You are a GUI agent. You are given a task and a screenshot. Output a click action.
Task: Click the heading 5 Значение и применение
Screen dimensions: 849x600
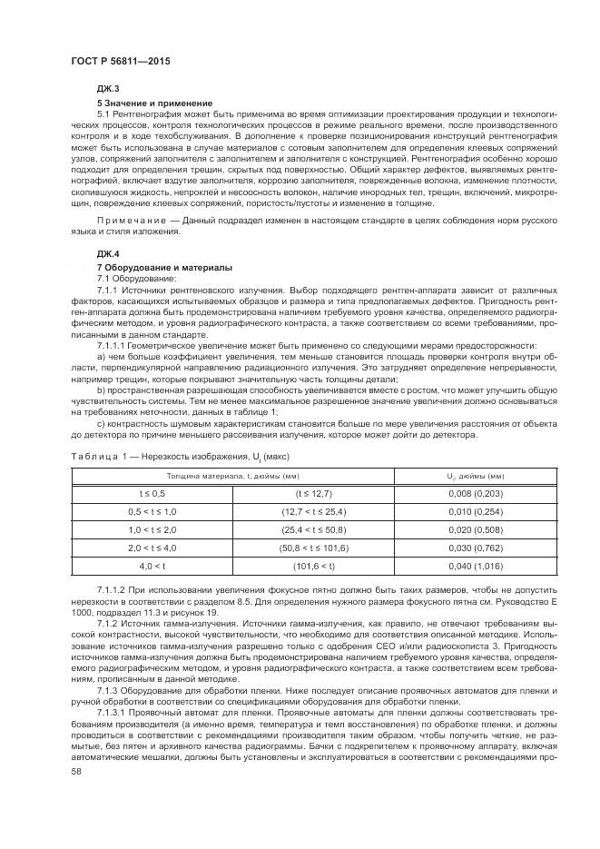(x=154, y=103)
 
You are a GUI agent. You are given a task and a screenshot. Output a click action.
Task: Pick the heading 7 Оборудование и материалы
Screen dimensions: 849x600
(x=164, y=267)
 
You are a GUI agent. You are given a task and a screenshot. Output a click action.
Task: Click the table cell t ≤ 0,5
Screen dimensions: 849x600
(x=152, y=492)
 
